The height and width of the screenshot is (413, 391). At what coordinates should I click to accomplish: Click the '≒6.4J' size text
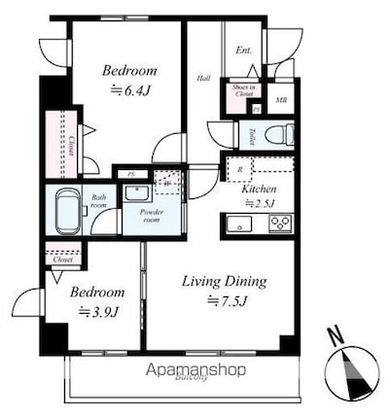click(129, 89)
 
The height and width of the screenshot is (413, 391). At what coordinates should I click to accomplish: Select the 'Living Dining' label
click(225, 282)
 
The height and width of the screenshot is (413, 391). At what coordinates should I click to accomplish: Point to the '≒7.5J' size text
click(226, 301)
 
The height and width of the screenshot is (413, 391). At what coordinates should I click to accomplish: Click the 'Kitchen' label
click(260, 189)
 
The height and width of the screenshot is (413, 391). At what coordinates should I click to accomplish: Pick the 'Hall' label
click(204, 79)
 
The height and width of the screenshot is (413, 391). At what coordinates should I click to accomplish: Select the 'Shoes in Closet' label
click(243, 93)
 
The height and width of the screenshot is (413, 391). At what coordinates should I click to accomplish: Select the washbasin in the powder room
click(134, 192)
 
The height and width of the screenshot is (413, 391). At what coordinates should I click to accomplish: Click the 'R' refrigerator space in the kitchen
click(239, 170)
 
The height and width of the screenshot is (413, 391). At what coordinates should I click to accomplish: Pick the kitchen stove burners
click(279, 224)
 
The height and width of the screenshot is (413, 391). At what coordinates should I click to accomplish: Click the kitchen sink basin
click(239, 224)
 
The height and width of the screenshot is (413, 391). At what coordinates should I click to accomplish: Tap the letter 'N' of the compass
click(336, 337)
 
